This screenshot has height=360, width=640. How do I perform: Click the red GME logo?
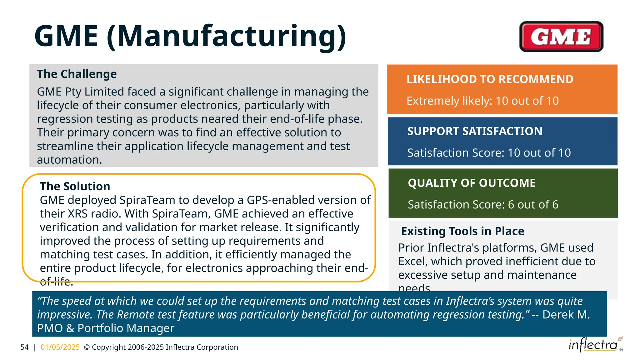(561, 37)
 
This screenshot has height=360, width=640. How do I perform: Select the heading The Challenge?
(77, 74)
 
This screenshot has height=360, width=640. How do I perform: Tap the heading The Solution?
(75, 186)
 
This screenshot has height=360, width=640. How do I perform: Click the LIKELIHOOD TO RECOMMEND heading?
(490, 79)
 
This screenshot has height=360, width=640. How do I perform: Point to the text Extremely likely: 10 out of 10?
(482, 101)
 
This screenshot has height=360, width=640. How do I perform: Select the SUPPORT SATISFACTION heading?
(475, 131)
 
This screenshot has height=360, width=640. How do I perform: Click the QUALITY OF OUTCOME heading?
(472, 183)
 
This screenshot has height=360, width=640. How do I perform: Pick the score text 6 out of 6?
(533, 204)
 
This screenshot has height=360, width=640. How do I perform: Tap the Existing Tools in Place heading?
(462, 231)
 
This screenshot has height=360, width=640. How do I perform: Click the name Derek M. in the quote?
(566, 314)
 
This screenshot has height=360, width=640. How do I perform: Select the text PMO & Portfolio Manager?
(106, 328)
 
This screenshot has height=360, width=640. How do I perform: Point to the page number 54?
(24, 347)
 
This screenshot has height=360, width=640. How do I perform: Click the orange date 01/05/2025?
(60, 347)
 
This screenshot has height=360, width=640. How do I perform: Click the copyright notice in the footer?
(161, 347)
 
